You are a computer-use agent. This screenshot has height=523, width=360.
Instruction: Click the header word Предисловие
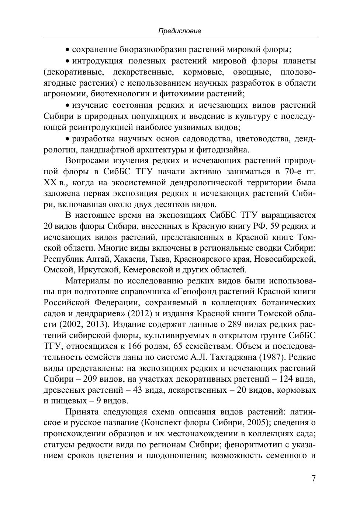180,31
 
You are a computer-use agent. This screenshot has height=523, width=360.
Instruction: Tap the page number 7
314,479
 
